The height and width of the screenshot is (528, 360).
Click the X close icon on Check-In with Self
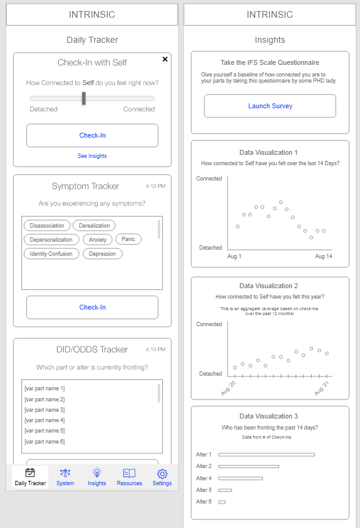coord(165,59)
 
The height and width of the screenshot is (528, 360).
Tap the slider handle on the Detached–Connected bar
coord(84,99)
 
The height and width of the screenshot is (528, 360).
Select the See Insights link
coord(92,156)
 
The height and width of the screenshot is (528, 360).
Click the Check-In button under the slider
coord(92,135)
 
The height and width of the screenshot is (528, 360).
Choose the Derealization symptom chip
coord(94,226)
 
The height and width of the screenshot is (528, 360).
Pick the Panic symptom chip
coord(129,239)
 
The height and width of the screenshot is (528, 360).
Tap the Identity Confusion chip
coord(51,254)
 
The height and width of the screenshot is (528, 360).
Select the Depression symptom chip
coord(102,254)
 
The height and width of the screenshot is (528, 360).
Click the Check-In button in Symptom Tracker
coord(92,307)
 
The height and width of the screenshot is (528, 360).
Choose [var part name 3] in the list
coord(45,410)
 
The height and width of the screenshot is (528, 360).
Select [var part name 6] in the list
coord(45,442)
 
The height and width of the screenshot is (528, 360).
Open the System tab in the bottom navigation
coord(65,477)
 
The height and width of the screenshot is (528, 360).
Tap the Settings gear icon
coord(162,474)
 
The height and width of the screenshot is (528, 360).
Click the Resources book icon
coord(129,474)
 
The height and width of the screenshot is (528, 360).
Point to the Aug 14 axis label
coord(324,256)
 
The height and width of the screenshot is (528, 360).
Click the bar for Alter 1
coord(266,455)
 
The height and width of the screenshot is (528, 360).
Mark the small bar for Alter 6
coord(222,502)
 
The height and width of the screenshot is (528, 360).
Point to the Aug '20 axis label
coord(228,389)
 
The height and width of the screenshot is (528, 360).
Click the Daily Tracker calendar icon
coord(31,473)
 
